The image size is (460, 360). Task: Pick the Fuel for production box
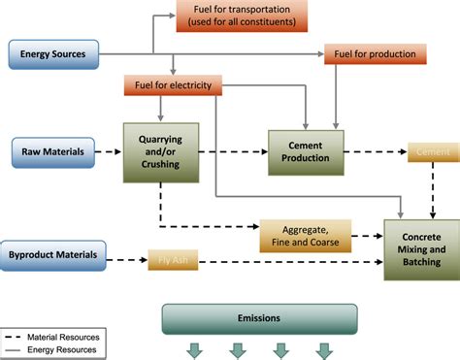coord(373,53)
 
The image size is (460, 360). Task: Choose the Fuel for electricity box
coord(174,86)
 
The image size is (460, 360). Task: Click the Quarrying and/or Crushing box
coord(160,150)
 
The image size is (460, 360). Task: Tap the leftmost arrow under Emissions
coord(194,350)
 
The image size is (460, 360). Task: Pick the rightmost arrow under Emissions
coord(324,350)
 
